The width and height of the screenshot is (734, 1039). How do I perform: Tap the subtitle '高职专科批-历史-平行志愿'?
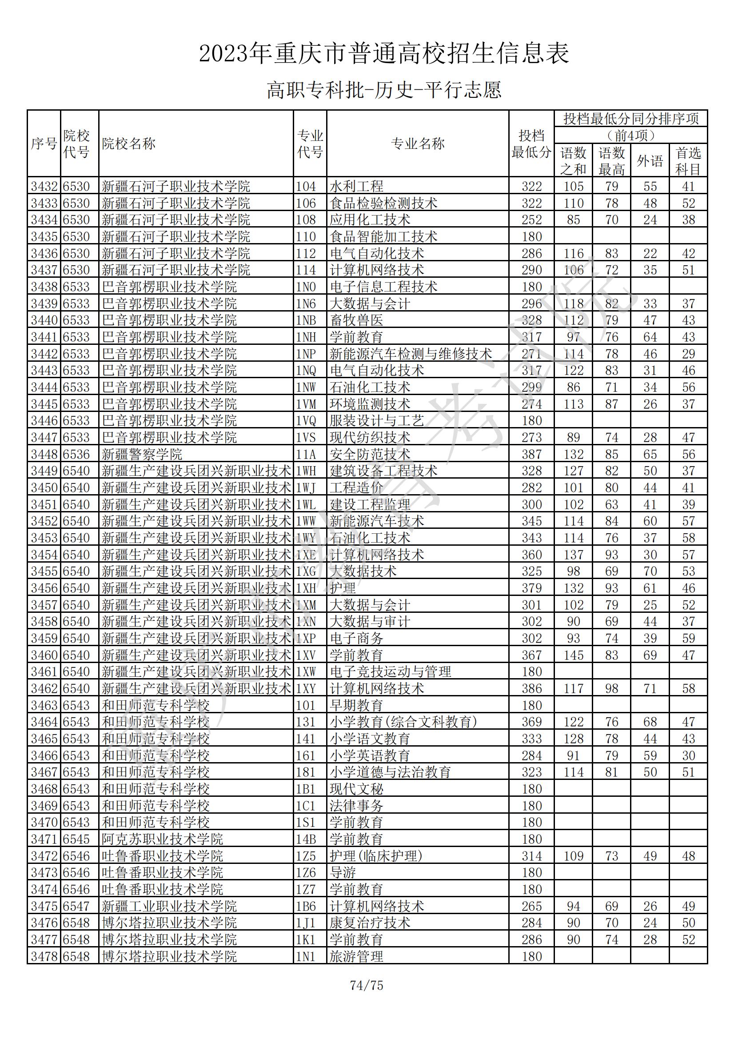point(384,90)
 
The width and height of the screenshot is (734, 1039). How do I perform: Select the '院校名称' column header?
point(129,144)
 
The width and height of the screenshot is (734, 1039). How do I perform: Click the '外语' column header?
point(650,160)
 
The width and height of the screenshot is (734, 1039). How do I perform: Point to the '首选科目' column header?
point(688,160)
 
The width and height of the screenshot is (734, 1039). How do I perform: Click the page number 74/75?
point(367,985)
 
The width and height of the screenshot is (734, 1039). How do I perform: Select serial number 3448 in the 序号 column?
point(44,454)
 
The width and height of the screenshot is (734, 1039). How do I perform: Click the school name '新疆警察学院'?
point(142,454)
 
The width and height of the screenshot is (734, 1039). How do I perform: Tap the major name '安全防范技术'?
point(370,454)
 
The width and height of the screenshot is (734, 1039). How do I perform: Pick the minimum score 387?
point(531,454)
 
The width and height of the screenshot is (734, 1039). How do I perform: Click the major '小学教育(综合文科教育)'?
point(403,722)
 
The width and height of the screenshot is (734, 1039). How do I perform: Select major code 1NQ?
point(306,371)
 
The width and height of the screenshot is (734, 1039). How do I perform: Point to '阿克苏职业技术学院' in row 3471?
point(163,839)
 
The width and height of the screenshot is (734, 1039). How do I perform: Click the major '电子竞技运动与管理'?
point(390,671)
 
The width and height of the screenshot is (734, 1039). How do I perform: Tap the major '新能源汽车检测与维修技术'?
point(411,354)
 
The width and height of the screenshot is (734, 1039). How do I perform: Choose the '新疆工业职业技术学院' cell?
point(169,907)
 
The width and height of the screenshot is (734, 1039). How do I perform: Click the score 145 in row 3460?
point(573,655)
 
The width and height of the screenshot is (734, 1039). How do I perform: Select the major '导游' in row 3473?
point(343,873)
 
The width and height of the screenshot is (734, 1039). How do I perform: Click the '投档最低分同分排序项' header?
point(631,119)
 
